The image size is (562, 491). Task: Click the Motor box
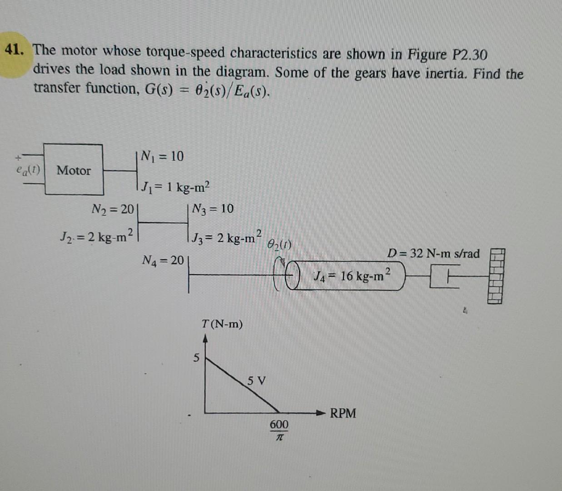tap(73, 170)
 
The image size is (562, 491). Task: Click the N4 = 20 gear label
tap(163, 261)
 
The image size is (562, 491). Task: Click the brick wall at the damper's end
tap(496, 276)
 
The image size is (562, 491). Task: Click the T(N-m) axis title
tap(222, 324)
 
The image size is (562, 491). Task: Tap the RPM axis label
tap(343, 413)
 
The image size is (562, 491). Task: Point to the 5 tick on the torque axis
tap(196, 358)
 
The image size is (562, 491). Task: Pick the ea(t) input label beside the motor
tap(28, 170)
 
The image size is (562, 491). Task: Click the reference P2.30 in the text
tap(470, 55)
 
